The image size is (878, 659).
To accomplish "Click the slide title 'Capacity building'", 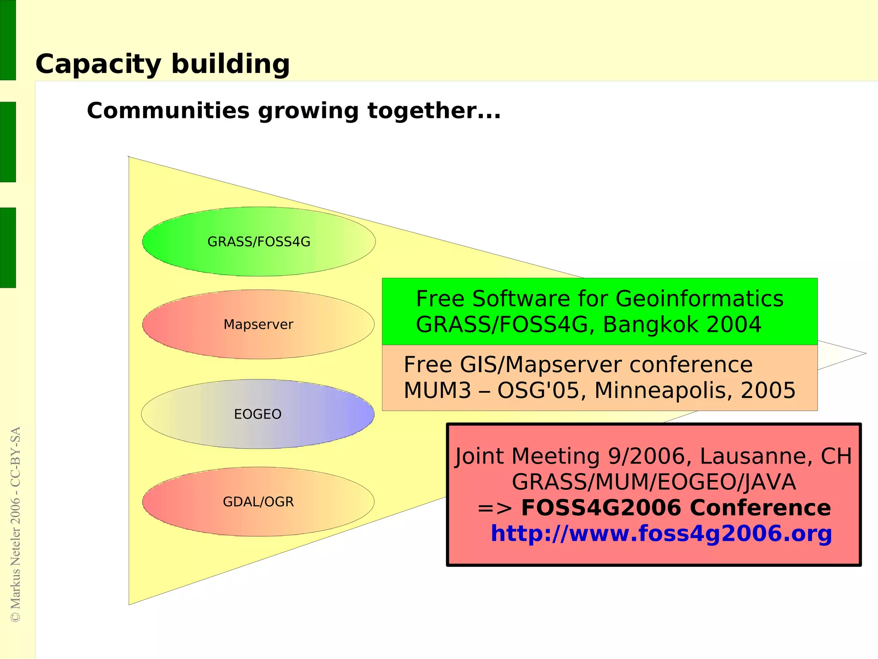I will [162, 64].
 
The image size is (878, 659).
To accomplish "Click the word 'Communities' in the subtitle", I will [168, 111].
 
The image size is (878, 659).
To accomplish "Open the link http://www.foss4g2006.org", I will [661, 534].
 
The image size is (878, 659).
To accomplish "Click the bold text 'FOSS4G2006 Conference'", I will [676, 508].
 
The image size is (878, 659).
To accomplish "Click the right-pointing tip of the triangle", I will [864, 354].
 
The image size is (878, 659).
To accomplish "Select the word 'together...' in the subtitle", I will [434, 111].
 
